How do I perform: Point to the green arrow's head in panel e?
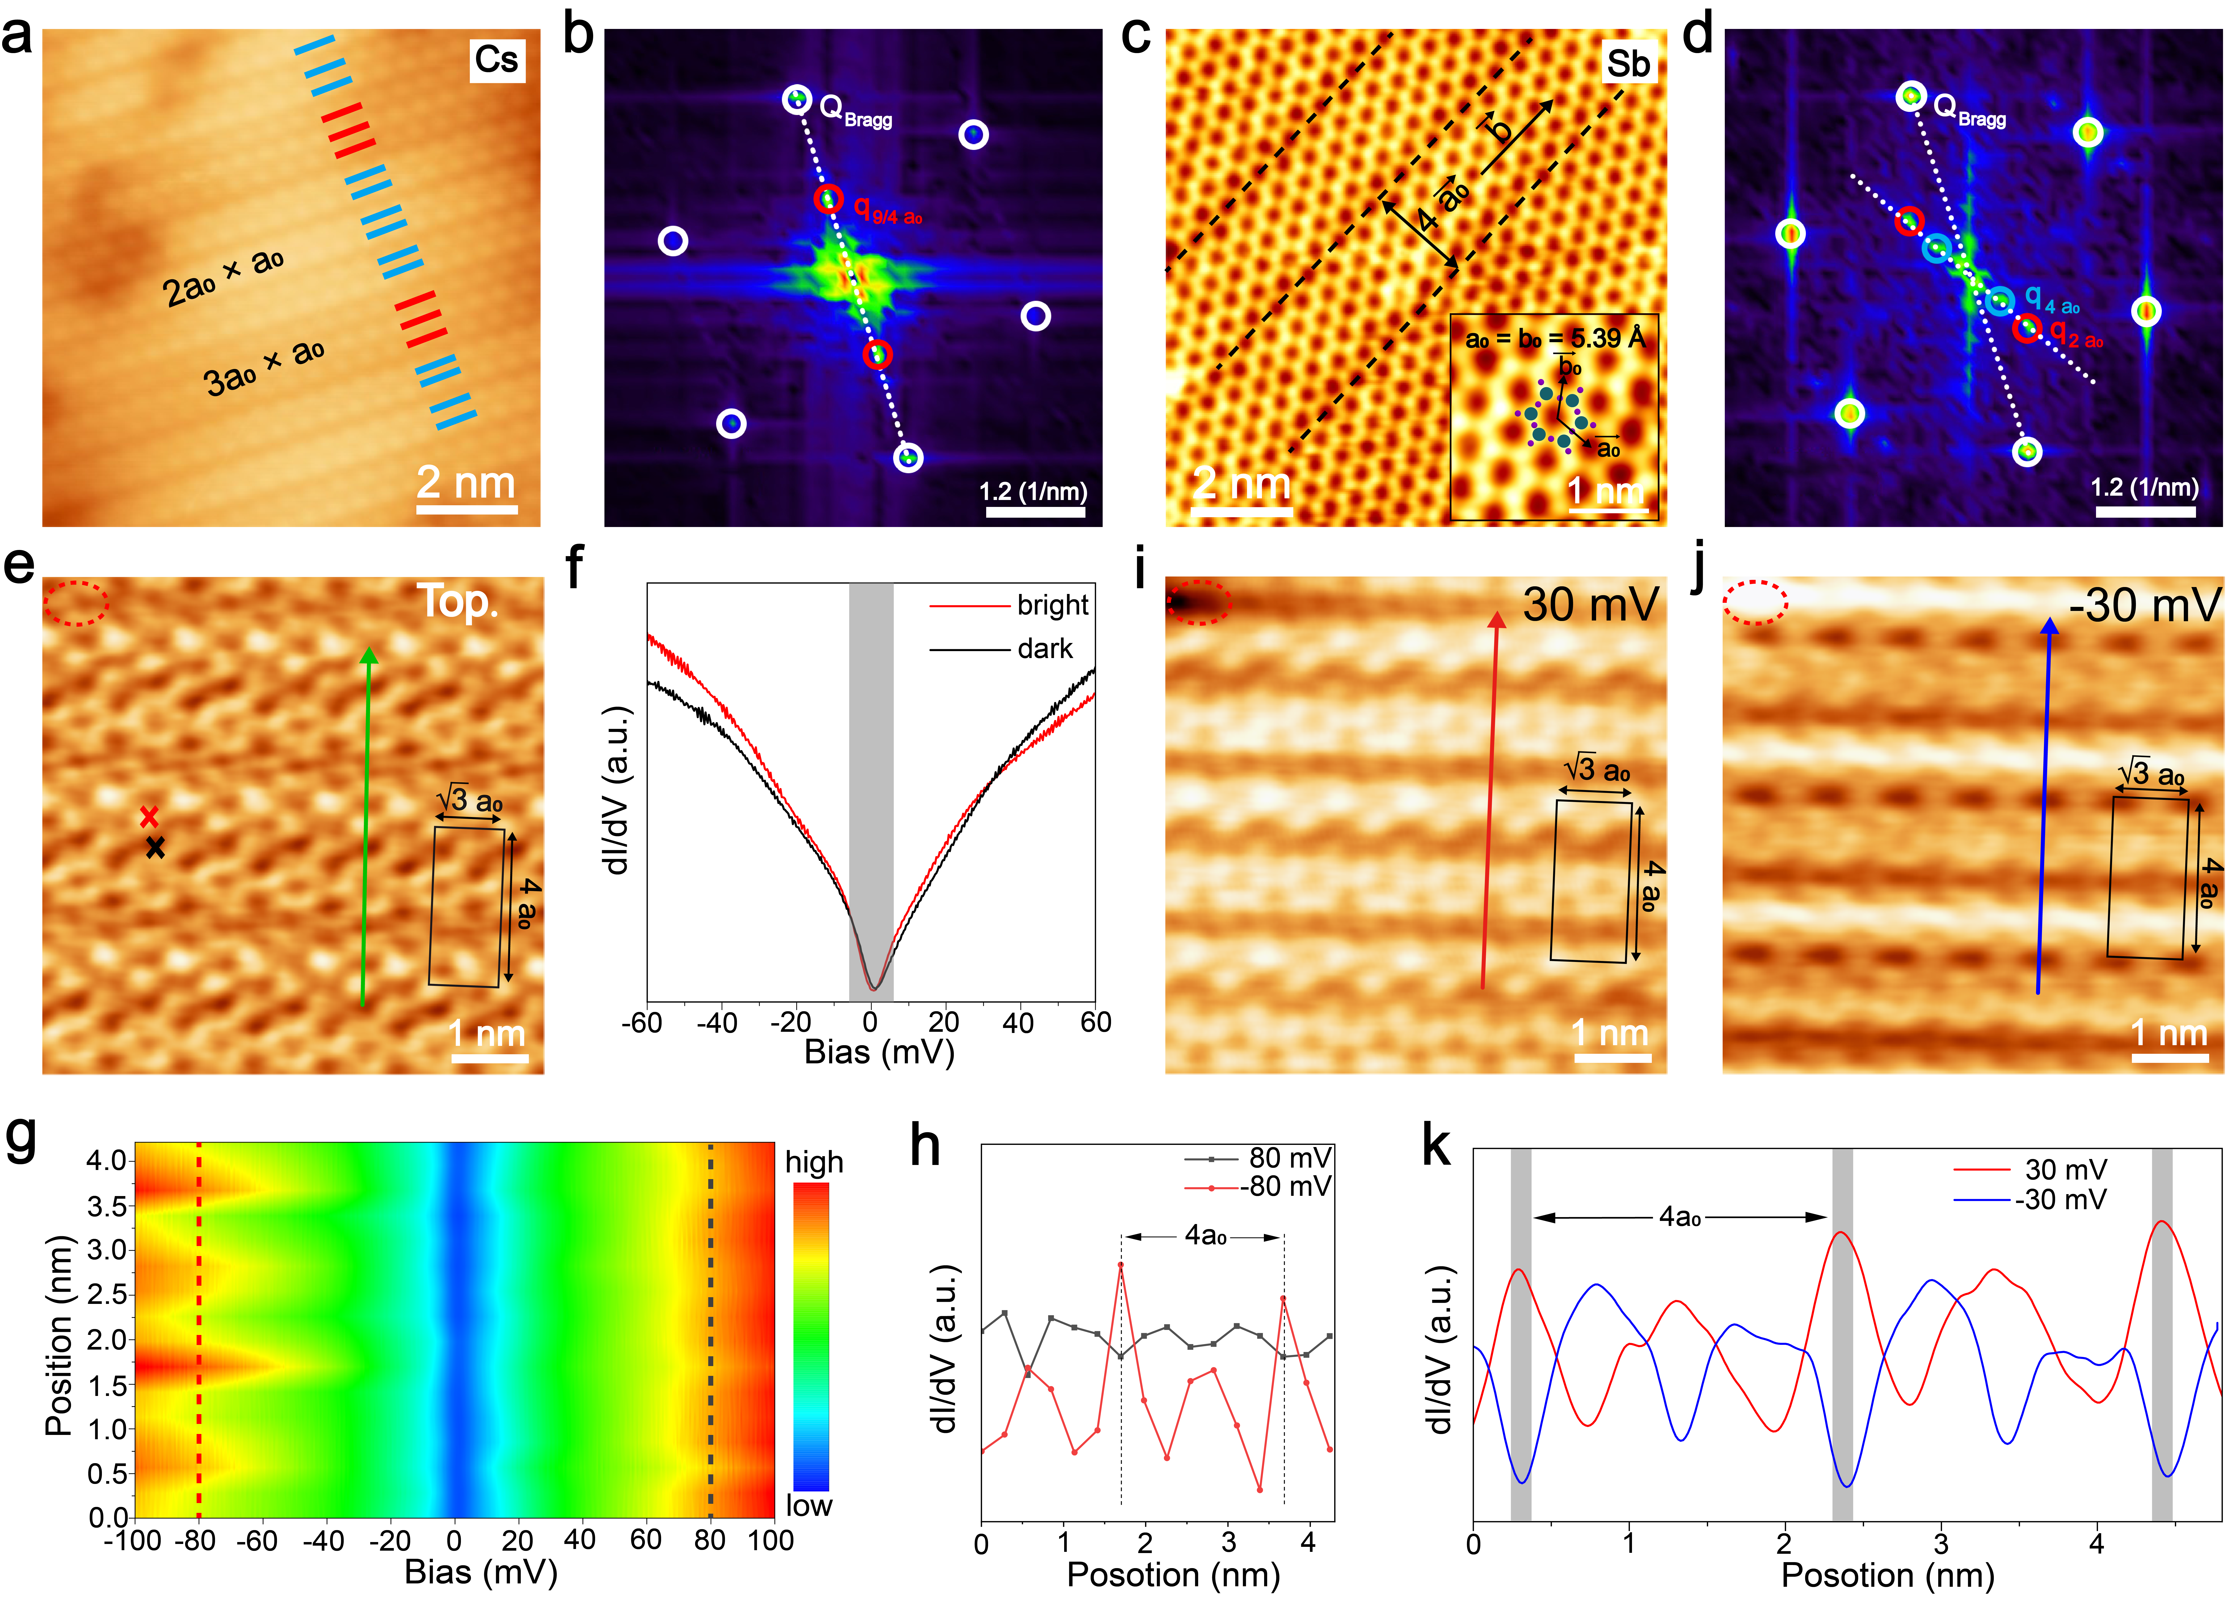pyautogui.click(x=369, y=657)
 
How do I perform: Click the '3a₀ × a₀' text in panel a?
pyautogui.click(x=263, y=366)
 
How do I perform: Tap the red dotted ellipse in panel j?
pyautogui.click(x=1755, y=601)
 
